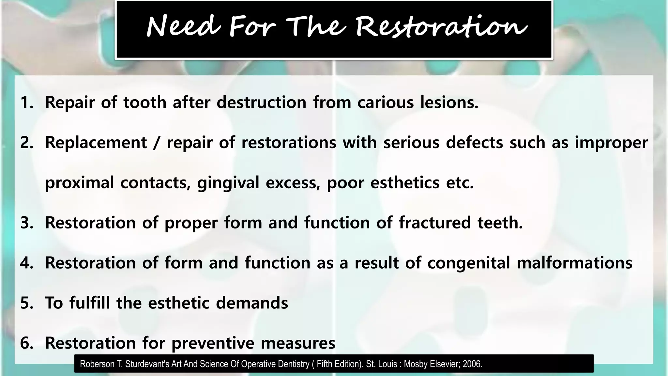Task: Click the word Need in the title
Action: tap(183, 27)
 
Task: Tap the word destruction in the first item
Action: tap(261, 102)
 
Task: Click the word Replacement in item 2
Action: tap(96, 143)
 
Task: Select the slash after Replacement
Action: tap(157, 143)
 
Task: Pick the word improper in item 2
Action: tap(611, 143)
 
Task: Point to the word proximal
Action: tap(79, 183)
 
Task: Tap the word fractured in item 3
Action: tap(434, 223)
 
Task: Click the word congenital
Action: tap(468, 263)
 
